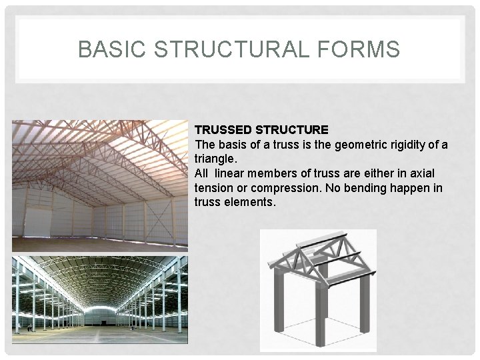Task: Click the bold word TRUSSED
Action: (221, 128)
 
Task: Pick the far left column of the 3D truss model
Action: (275, 300)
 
